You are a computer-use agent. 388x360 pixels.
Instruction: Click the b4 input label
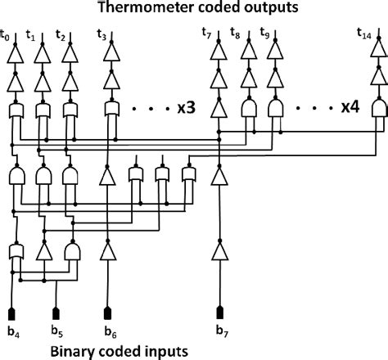click(x=12, y=331)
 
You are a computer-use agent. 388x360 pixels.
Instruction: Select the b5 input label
click(x=57, y=331)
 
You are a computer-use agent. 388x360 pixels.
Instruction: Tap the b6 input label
click(x=110, y=331)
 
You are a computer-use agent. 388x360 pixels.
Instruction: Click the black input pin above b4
click(x=12, y=313)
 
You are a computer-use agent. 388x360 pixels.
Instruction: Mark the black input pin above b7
click(x=219, y=313)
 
